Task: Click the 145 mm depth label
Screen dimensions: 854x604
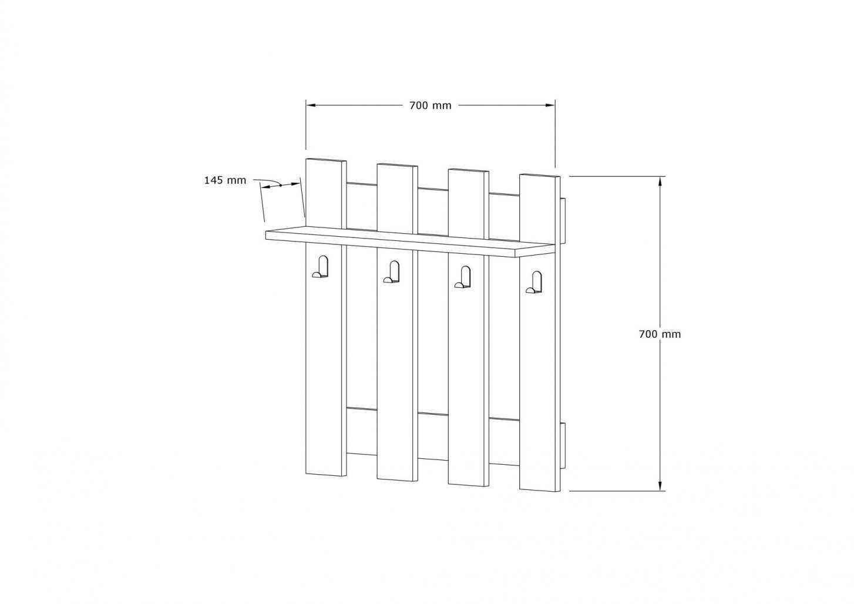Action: tap(225, 180)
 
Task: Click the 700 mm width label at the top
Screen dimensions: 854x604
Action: tap(431, 106)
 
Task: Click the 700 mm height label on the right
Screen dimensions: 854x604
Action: tap(660, 334)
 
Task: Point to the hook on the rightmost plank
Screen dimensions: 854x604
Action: tap(534, 282)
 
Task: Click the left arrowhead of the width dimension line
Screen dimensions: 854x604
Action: tap(311, 105)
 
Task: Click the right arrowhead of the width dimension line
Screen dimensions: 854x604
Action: tap(550, 105)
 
